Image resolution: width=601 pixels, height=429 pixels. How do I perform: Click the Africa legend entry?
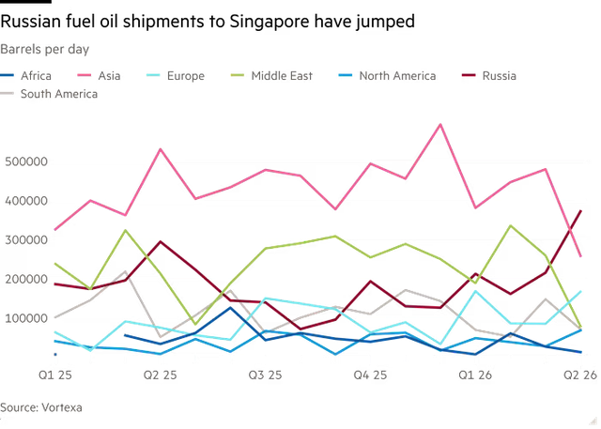click(35, 75)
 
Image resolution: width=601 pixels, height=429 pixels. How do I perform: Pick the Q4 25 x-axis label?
click(371, 375)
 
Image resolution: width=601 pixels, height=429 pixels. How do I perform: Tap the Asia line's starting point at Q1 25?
click(54, 229)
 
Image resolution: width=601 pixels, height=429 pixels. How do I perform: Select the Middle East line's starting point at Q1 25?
click(54, 263)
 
